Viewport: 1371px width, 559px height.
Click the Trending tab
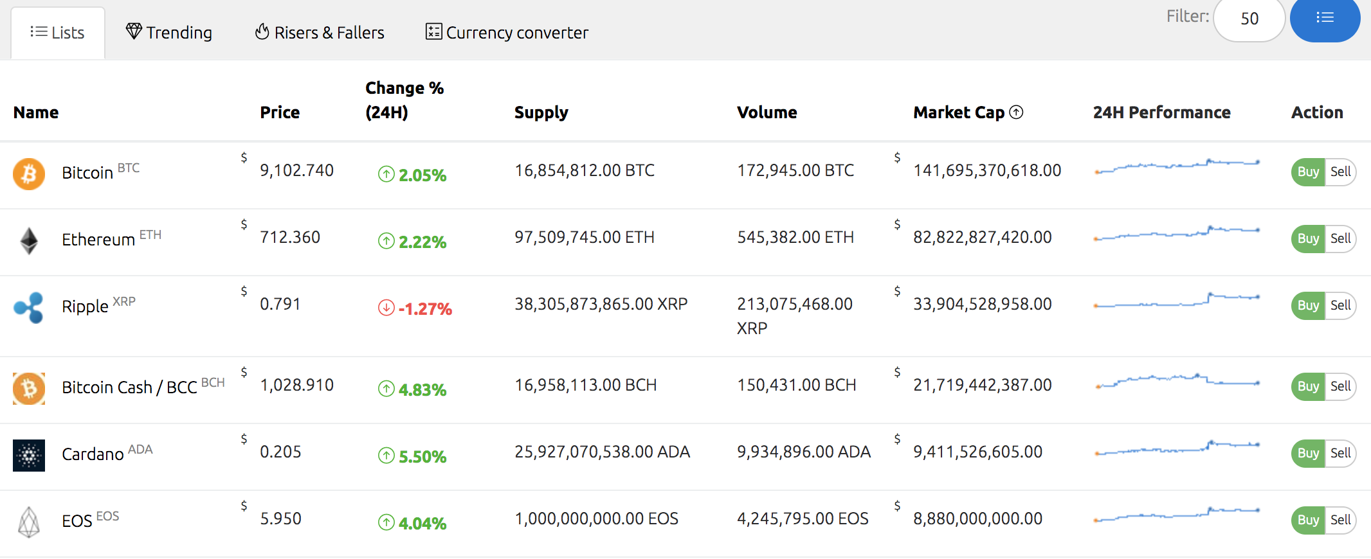(169, 32)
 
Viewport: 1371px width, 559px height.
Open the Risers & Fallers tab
(320, 32)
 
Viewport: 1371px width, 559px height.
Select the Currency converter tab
(507, 32)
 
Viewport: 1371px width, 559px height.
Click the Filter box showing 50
(1249, 19)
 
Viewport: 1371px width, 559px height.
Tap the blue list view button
(1325, 18)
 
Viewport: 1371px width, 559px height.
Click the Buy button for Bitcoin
(1308, 172)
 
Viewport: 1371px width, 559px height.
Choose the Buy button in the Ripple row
(1308, 305)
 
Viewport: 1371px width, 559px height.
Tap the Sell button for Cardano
(1340, 453)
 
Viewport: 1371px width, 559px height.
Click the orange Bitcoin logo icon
(29, 174)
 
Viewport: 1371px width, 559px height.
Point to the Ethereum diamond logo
(29, 241)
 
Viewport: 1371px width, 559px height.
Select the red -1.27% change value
(424, 309)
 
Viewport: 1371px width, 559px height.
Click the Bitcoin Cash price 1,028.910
(296, 385)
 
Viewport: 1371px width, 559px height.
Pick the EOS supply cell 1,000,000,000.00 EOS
(596, 519)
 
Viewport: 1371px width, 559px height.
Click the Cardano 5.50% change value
(422, 457)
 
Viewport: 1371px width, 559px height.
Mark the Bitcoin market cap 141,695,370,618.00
(987, 170)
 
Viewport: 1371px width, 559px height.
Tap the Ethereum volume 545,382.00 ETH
(795, 237)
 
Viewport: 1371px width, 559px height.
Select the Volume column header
(767, 112)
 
